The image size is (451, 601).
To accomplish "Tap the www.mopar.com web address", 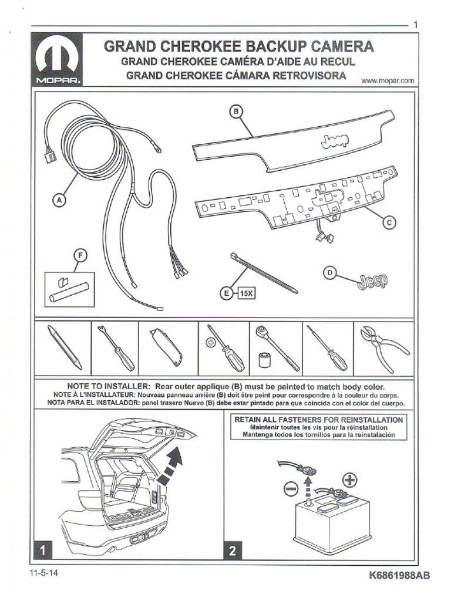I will (x=388, y=80).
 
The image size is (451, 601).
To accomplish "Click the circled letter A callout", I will (x=58, y=200).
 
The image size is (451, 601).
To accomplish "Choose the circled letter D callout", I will (x=330, y=272).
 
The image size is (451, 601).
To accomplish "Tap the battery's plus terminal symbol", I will (x=349, y=480).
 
